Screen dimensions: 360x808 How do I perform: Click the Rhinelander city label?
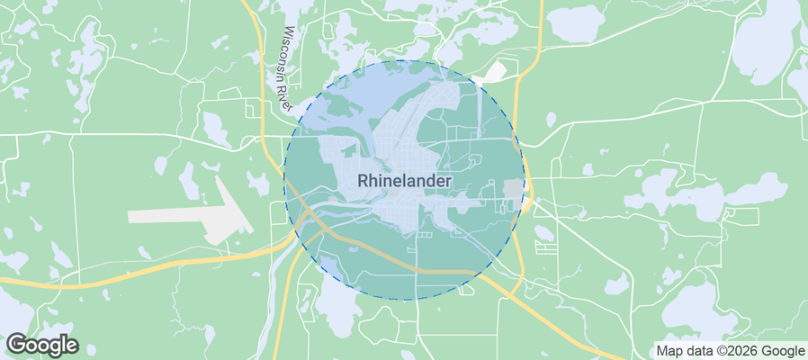404,180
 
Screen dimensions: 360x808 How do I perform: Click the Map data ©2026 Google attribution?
730,350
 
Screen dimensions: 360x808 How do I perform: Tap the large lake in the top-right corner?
765,45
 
